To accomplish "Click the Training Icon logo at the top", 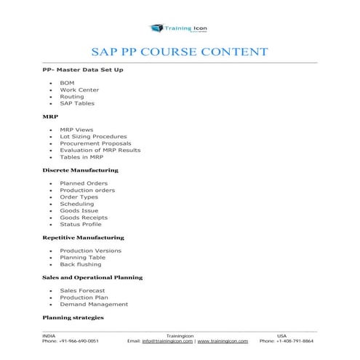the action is coord(179,28).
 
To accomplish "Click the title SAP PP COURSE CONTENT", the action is coord(179,52).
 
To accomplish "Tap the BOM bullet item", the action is coord(67,84).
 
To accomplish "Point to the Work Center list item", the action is coord(79,90).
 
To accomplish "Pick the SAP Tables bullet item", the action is coord(77,103).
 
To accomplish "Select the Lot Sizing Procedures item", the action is coord(93,137).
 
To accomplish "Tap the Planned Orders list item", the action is coord(84,184).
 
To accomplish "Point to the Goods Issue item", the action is coord(79,210).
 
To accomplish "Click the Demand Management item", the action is coord(94,304).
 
